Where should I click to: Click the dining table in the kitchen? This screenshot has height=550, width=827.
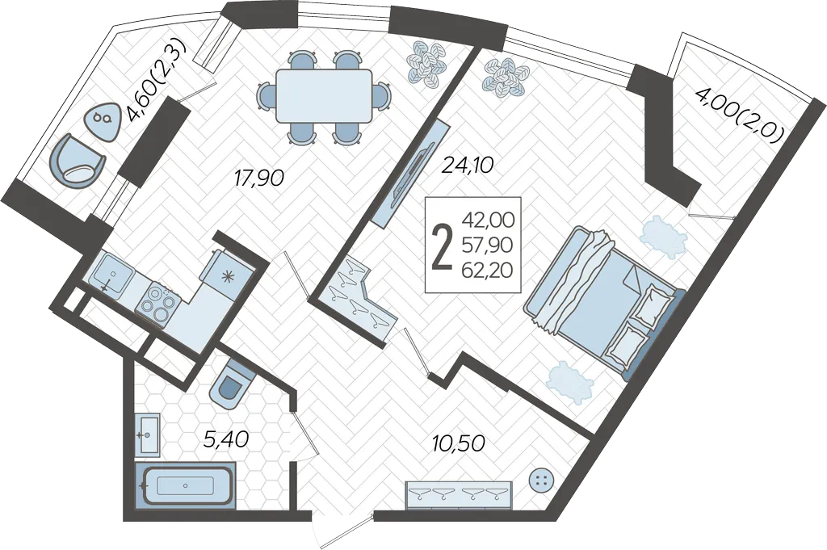point(324,96)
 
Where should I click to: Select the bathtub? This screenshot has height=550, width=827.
point(186,485)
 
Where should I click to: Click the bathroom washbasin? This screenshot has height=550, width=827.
point(148,435)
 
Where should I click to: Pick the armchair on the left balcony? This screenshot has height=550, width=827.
point(77,162)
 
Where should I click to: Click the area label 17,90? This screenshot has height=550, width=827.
point(259,178)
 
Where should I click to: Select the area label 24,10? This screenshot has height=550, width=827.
point(468,166)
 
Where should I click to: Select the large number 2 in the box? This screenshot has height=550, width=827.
point(442,246)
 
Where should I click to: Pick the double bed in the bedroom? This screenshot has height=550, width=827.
point(605,298)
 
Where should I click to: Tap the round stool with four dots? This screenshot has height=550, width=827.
point(541,480)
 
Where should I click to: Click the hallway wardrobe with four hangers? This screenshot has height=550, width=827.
point(459,495)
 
